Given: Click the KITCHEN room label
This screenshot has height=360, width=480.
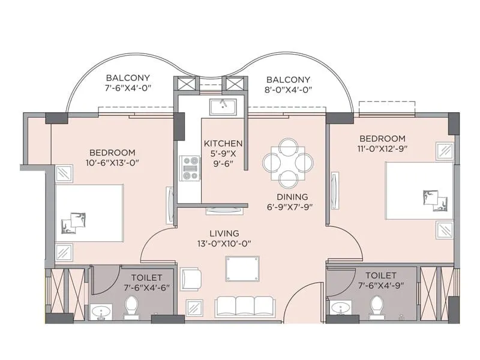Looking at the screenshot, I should (223, 143).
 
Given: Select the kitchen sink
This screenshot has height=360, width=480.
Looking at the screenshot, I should (223, 107).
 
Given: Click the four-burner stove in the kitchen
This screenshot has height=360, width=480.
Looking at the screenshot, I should (191, 168).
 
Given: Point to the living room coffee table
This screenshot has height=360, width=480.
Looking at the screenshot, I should (242, 268).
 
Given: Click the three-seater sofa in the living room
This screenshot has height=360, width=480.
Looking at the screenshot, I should (245, 306).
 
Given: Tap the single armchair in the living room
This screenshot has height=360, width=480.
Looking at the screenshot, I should (190, 279).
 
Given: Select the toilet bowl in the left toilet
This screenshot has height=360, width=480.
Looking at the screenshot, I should (131, 308).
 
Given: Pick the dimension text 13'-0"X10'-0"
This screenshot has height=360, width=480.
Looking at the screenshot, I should (224, 244).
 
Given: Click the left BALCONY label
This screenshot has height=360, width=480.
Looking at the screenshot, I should (128, 78).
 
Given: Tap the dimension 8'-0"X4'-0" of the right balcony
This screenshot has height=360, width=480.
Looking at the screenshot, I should (288, 89).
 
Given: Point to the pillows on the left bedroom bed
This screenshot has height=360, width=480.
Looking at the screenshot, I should (73, 223).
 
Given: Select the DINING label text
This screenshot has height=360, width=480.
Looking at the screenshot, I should (292, 197).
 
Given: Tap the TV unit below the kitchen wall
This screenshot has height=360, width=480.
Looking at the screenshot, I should (223, 211).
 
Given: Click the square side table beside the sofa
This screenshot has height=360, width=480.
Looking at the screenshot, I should (194, 308).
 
